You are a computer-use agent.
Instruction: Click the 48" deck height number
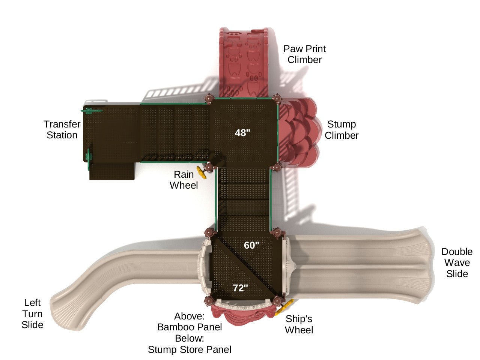pos(242,133)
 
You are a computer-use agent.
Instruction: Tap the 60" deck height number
pos(251,245)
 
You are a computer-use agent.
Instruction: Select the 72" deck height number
pos(240,288)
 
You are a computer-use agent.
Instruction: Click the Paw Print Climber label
pos(304,54)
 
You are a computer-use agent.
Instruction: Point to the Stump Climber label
pos(342,130)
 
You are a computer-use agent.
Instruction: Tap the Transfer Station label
pos(62,130)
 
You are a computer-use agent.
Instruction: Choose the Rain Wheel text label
pos(184,180)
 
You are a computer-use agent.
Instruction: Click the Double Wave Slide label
pos(457,262)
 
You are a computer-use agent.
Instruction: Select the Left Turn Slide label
pos(32,313)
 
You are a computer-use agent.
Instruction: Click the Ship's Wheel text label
pos(299,324)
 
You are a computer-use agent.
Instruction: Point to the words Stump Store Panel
pos(190,349)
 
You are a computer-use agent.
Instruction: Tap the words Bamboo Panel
pos(190,327)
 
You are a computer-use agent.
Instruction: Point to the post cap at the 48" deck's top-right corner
pos(277,98)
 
